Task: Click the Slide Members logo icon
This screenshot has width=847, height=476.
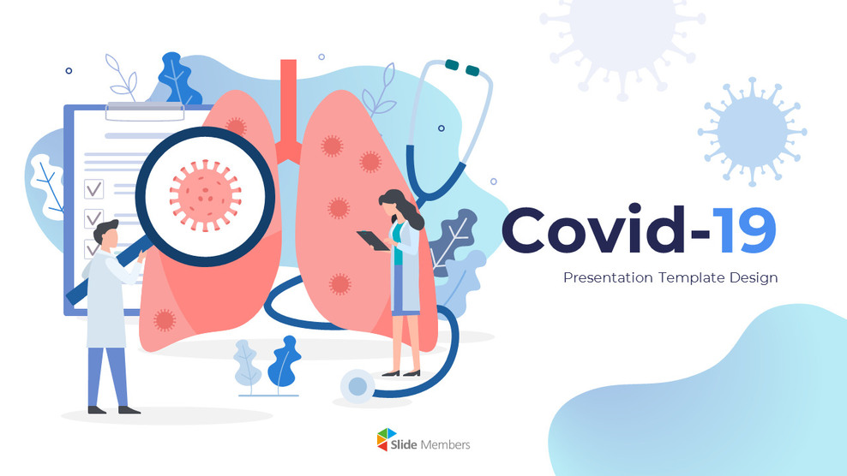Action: (x=387, y=442)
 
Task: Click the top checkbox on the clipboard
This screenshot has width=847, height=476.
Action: (x=93, y=189)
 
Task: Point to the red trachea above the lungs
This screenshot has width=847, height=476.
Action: (x=289, y=103)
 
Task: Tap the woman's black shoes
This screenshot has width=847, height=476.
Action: (x=401, y=372)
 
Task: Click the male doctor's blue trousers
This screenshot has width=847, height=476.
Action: (x=107, y=372)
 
